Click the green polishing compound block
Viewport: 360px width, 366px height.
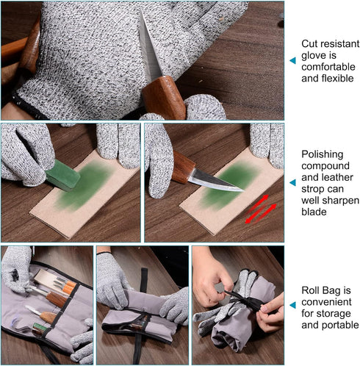coord(62,175)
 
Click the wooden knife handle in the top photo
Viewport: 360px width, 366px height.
coord(164,98)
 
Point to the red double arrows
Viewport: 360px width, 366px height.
coord(261,209)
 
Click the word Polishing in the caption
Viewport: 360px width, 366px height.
coord(322,154)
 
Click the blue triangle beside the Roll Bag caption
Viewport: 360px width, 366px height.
coord(292,305)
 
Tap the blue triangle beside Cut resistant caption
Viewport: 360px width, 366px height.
coord(292,60)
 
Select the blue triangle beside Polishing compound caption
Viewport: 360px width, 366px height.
coord(292,182)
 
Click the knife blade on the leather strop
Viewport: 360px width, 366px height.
coord(215,181)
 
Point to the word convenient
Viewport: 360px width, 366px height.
coord(326,302)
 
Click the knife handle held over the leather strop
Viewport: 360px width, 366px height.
coord(182,167)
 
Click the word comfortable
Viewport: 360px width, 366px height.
coord(328,67)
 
